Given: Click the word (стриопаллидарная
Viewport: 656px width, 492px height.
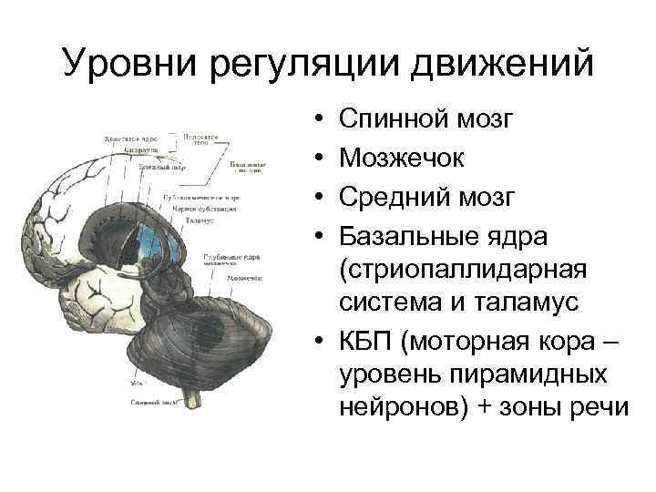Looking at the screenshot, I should [464, 275].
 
